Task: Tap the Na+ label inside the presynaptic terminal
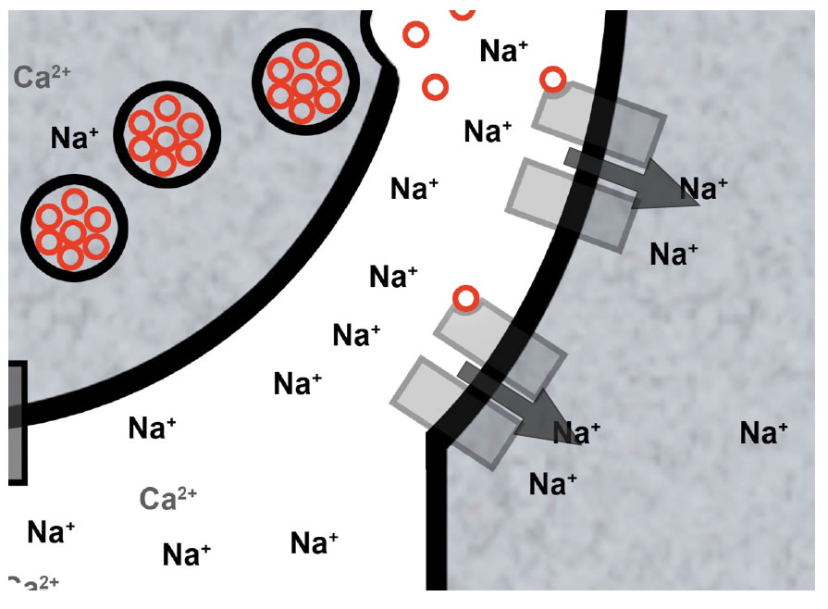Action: tap(75, 139)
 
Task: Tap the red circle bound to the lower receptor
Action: tap(466, 298)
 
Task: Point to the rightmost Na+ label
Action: tap(764, 431)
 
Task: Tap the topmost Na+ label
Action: tap(504, 51)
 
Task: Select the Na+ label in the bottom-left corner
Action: tap(51, 532)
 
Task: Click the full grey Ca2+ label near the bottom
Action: tap(168, 499)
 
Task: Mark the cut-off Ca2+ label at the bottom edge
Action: tap(33, 583)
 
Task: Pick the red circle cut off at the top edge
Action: tap(463, 8)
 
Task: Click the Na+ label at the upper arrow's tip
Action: tap(704, 188)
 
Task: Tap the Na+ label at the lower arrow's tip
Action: tap(576, 431)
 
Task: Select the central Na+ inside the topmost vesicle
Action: tap(303, 86)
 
